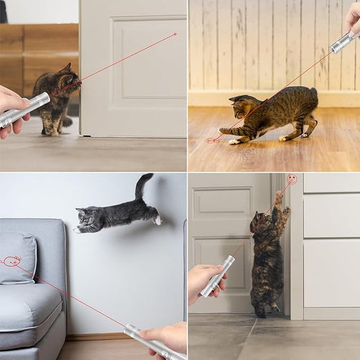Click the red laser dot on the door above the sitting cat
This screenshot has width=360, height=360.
click(176, 33)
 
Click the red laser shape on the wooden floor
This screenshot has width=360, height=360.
click(213, 140)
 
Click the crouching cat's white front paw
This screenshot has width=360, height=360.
click(234, 142)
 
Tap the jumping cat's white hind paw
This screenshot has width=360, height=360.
click(157, 220)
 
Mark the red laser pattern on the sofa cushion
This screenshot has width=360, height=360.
click(12, 261)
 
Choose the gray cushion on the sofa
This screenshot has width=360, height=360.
click(18, 257)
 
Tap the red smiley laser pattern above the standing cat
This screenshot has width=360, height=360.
click(292, 180)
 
